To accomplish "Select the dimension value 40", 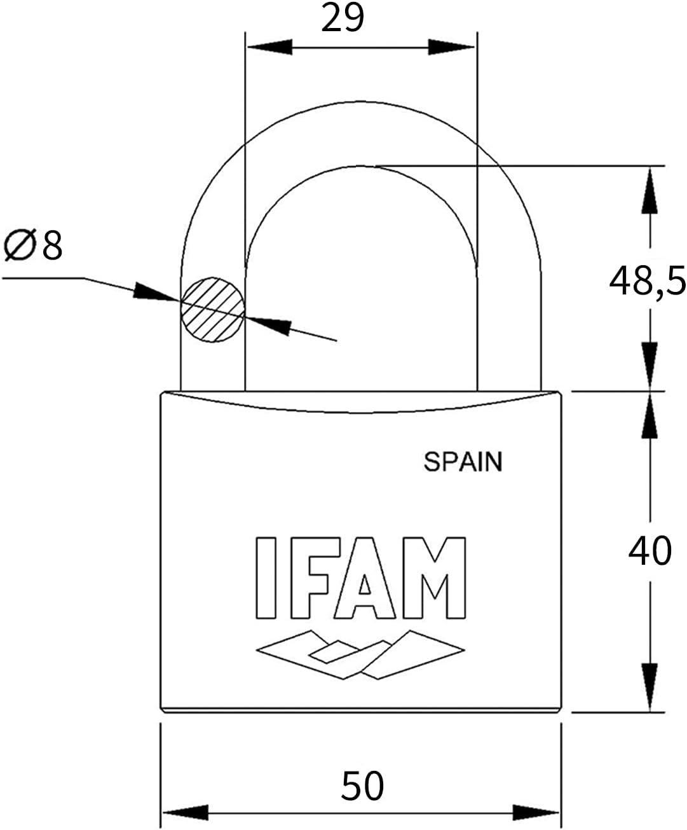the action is (x=650, y=551).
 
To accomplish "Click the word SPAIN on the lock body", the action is (x=463, y=462).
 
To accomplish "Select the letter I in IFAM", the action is (x=266, y=578).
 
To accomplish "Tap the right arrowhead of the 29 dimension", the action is (x=452, y=47).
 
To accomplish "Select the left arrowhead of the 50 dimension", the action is (x=185, y=812).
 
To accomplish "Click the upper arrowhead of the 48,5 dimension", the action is (x=650, y=189).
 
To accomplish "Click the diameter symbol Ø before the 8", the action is (x=18, y=246).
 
